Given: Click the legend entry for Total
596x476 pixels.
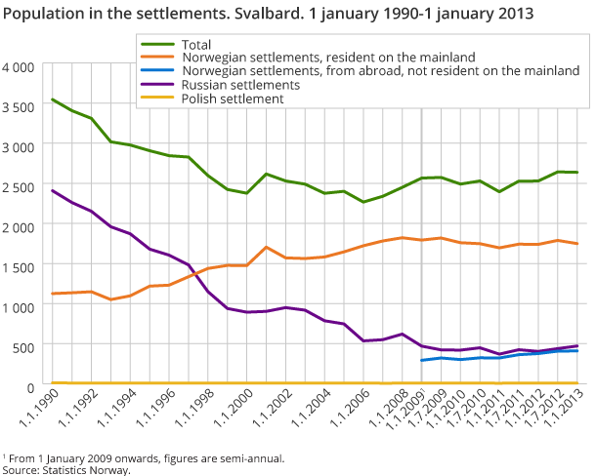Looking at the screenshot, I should click(x=195, y=45).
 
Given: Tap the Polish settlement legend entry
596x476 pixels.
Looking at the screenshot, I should click(x=233, y=99).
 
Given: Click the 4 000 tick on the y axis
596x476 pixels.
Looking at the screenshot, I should click(x=19, y=66).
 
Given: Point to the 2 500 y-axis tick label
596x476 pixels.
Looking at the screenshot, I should click(x=19, y=186).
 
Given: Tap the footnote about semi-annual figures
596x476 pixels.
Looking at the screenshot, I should click(x=146, y=456).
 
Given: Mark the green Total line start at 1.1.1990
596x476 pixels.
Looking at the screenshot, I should click(x=52, y=99).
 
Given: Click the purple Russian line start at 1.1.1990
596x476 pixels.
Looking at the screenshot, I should click(x=52, y=190).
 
